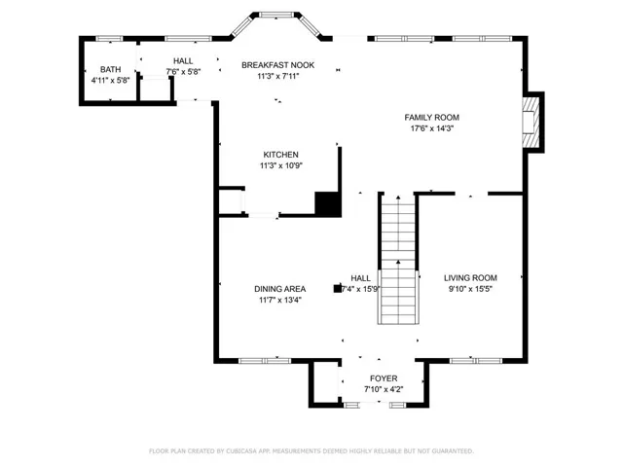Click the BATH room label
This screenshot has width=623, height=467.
(x=110, y=69)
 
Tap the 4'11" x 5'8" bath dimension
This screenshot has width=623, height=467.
(x=110, y=80)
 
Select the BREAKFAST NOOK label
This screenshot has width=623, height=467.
(x=277, y=65)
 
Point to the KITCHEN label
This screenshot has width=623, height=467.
(x=281, y=155)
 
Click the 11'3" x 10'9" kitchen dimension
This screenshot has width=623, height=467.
(x=281, y=165)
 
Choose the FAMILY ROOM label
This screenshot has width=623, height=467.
(x=432, y=117)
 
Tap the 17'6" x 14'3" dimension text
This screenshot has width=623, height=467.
(x=432, y=128)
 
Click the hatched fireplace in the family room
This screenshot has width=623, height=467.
(x=531, y=123)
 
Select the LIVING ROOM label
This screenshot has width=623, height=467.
(x=470, y=278)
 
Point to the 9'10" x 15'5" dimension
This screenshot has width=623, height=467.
(x=470, y=289)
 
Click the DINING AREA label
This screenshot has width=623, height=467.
(x=280, y=289)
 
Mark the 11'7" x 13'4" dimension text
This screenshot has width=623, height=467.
(x=280, y=300)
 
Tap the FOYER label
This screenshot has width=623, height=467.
(x=384, y=378)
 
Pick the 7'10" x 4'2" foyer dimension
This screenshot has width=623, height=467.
(x=384, y=389)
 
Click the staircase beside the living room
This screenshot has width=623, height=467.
(x=398, y=260)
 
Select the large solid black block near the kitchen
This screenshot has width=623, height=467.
(x=328, y=204)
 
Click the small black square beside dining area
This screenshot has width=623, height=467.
(x=338, y=289)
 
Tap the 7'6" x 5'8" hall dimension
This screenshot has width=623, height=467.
(x=183, y=72)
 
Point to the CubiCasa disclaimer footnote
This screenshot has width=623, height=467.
(x=311, y=451)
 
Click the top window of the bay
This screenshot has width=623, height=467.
(x=276, y=16)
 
